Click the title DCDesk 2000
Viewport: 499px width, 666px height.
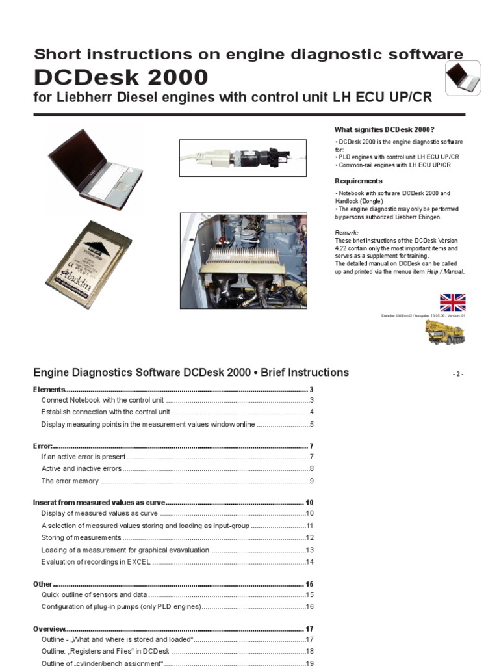tap(121, 78)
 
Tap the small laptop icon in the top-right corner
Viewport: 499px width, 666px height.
tap(462, 79)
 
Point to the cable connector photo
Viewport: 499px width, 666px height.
tap(242, 157)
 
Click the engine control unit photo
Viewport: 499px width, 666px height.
tap(243, 261)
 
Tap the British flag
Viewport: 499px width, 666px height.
tap(452, 302)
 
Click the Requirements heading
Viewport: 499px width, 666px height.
tap(358, 181)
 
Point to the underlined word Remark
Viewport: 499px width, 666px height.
tap(346, 233)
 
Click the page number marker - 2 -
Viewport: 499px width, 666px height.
tap(458, 374)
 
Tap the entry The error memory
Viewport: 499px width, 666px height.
tap(70, 481)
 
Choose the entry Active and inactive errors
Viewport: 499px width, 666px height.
tap(81, 468)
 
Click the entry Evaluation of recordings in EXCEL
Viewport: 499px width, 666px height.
tap(96, 561)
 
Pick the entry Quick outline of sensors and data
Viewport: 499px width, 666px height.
tap(94, 594)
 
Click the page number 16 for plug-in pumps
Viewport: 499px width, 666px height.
tap(310, 606)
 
